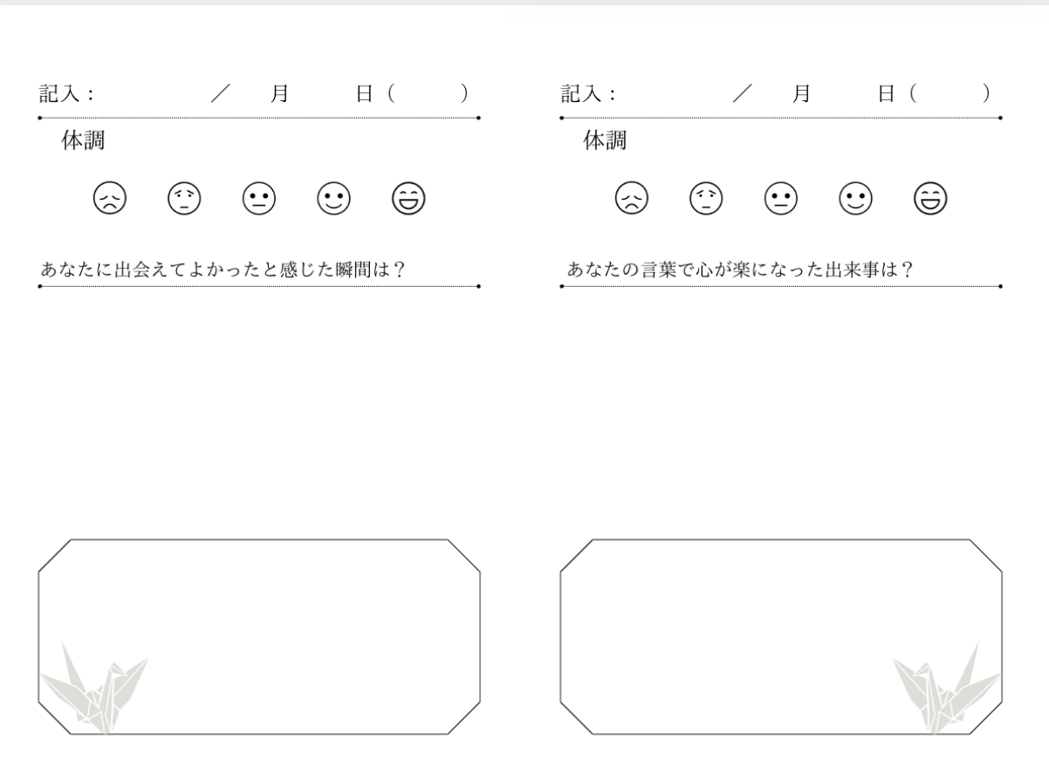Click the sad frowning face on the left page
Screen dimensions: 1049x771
point(110,198)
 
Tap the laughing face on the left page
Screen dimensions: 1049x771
point(409,198)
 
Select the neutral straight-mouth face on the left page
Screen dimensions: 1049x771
point(259,198)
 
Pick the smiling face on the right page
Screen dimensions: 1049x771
point(855,198)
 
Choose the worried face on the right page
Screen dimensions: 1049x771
point(706,198)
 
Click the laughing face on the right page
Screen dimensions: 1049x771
point(931,198)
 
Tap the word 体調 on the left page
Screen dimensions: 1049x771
point(83,140)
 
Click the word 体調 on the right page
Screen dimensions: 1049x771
point(605,140)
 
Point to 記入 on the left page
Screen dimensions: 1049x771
point(59,93)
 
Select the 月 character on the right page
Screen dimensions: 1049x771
point(801,93)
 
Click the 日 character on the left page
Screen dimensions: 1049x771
point(365,93)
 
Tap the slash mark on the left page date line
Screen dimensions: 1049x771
point(220,93)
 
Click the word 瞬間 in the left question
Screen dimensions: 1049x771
point(353,270)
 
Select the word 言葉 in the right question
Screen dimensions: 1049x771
point(658,270)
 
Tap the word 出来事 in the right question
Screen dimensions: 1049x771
point(852,270)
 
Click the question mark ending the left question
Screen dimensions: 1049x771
point(399,270)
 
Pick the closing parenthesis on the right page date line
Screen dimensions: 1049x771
point(986,93)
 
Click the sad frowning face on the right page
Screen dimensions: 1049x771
point(632,198)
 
